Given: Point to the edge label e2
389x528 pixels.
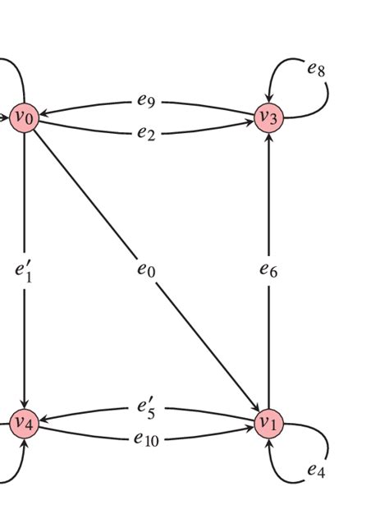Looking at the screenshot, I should point(147,132).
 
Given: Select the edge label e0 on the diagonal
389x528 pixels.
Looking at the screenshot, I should point(146,269).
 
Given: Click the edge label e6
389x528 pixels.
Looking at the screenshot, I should point(269,269).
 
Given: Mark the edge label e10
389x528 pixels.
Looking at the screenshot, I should point(147,438).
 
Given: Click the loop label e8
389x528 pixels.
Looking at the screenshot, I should point(316,69).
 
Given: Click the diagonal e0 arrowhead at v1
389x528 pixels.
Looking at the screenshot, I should point(254,405).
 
